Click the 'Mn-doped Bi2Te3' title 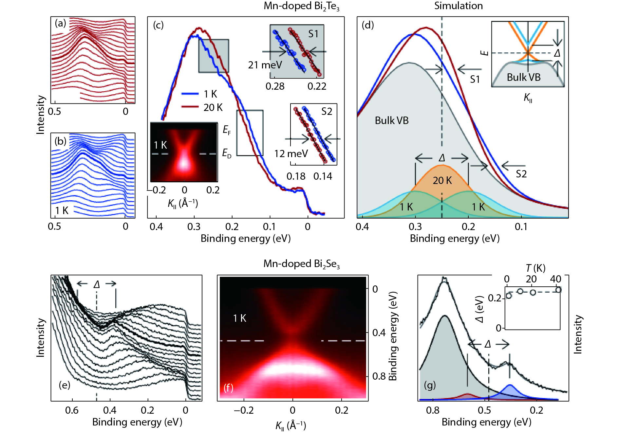301,6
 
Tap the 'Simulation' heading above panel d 458,6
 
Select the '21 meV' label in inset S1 265,65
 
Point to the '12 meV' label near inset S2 291,154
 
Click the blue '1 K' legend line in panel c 190,94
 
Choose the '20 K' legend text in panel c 213,107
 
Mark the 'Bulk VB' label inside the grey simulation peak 392,120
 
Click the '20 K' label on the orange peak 442,180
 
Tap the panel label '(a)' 60,23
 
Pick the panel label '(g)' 430,385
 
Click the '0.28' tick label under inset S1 275,86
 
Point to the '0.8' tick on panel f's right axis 379,376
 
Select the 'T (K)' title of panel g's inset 535,268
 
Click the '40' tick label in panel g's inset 555,279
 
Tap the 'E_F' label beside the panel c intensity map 227,130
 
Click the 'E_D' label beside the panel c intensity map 227,153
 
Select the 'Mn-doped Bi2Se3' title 301,264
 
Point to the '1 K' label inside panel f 239,318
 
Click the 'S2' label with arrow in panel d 521,174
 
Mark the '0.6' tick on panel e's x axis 72,410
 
